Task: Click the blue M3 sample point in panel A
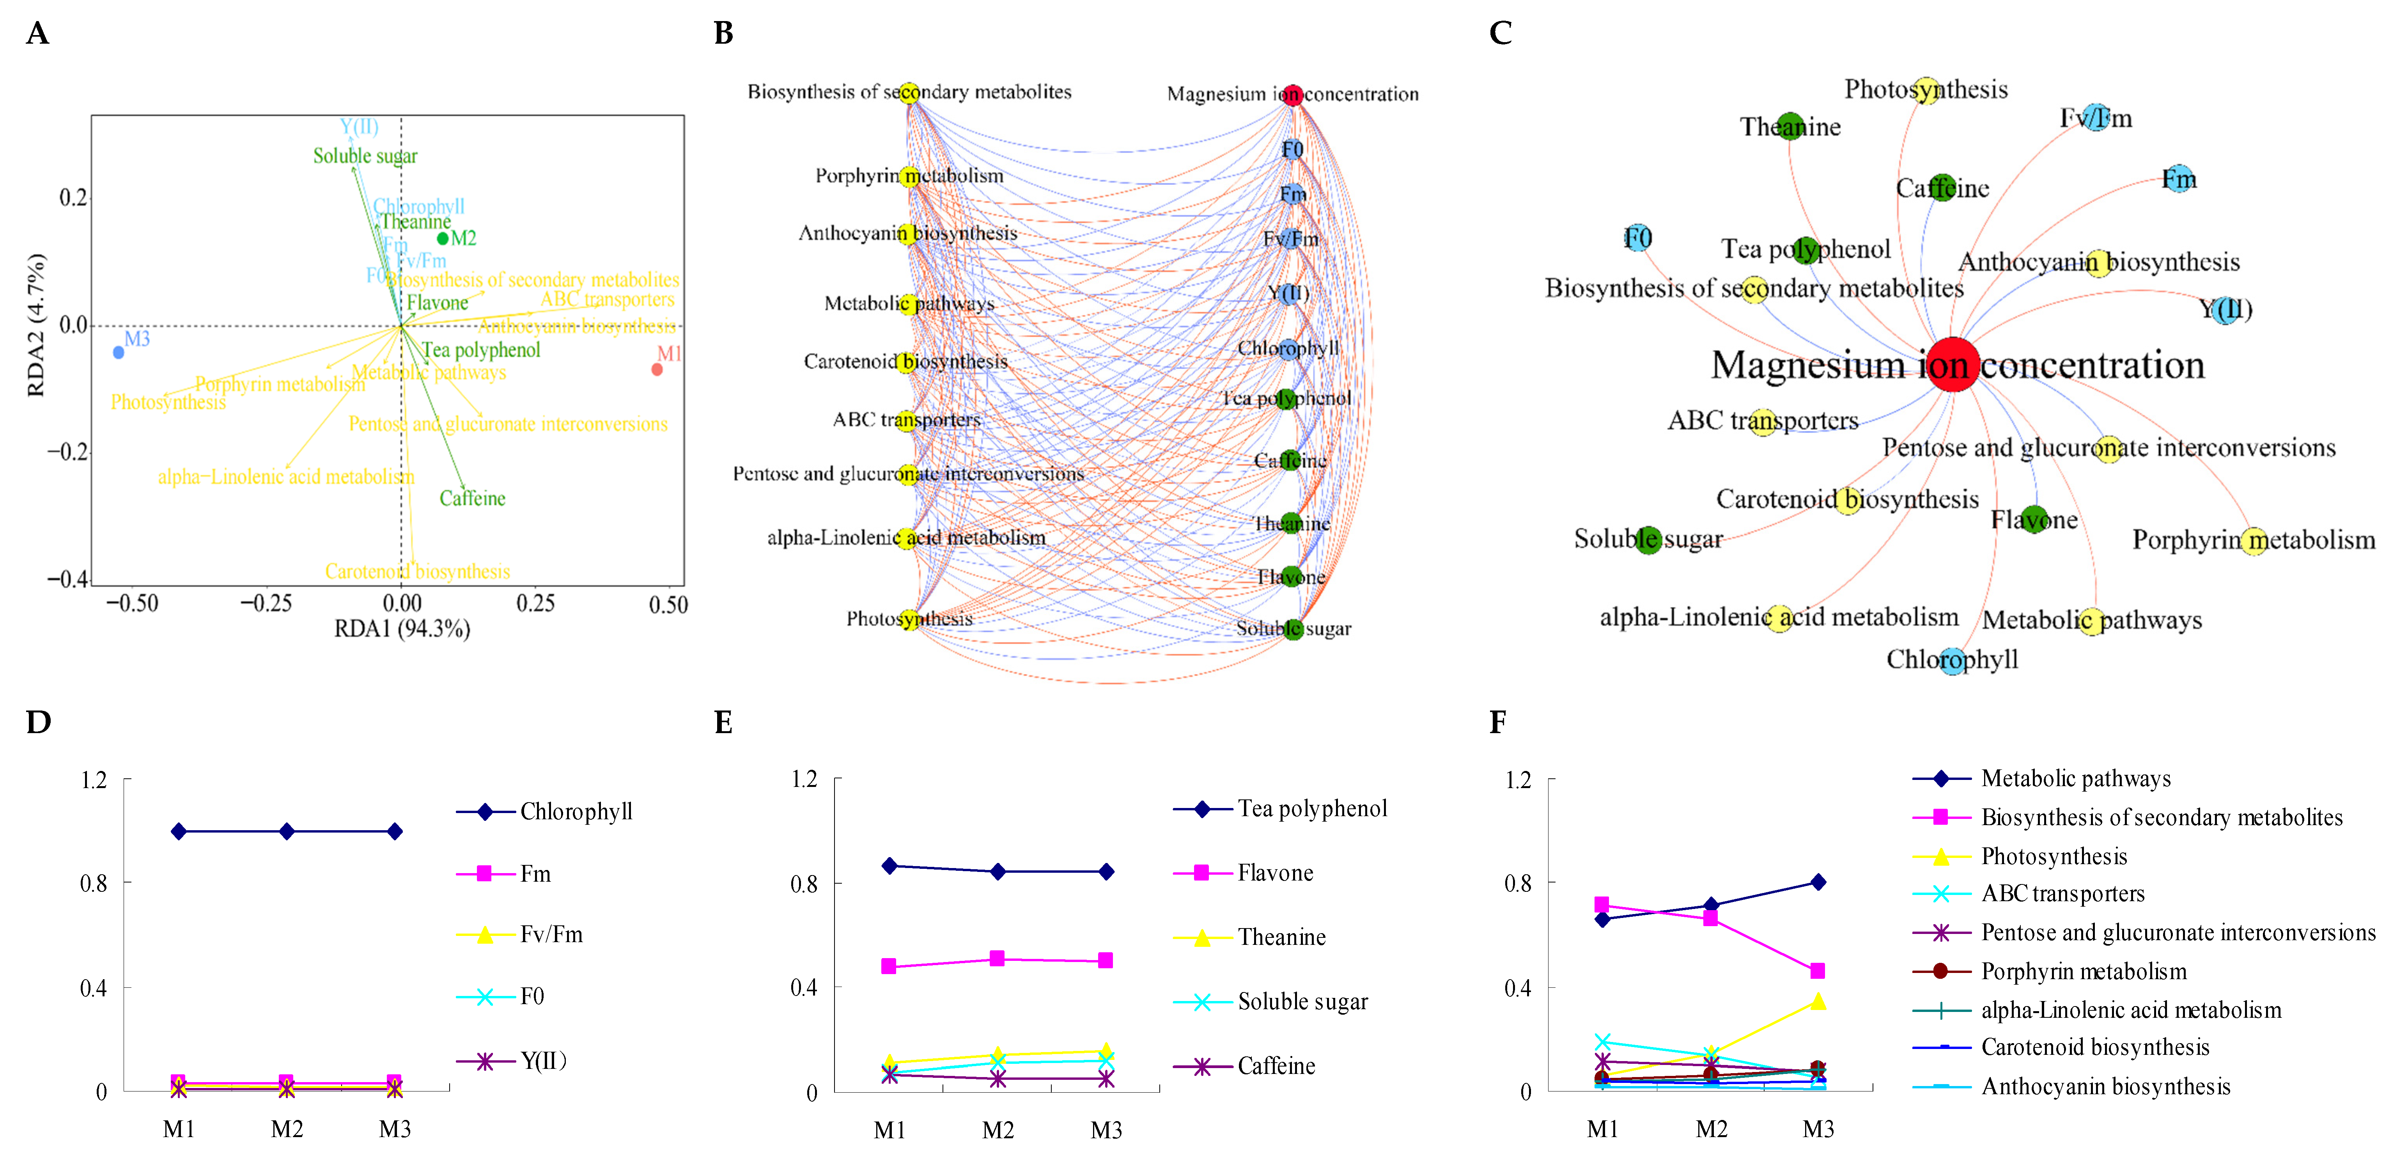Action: pyautogui.click(x=118, y=353)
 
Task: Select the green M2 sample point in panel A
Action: pyautogui.click(x=443, y=239)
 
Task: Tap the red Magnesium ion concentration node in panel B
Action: pyautogui.click(x=1293, y=95)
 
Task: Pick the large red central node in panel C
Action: pyautogui.click(x=1953, y=365)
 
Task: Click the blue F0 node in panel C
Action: pyautogui.click(x=1638, y=239)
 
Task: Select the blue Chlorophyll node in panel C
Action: pyautogui.click(x=1953, y=660)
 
